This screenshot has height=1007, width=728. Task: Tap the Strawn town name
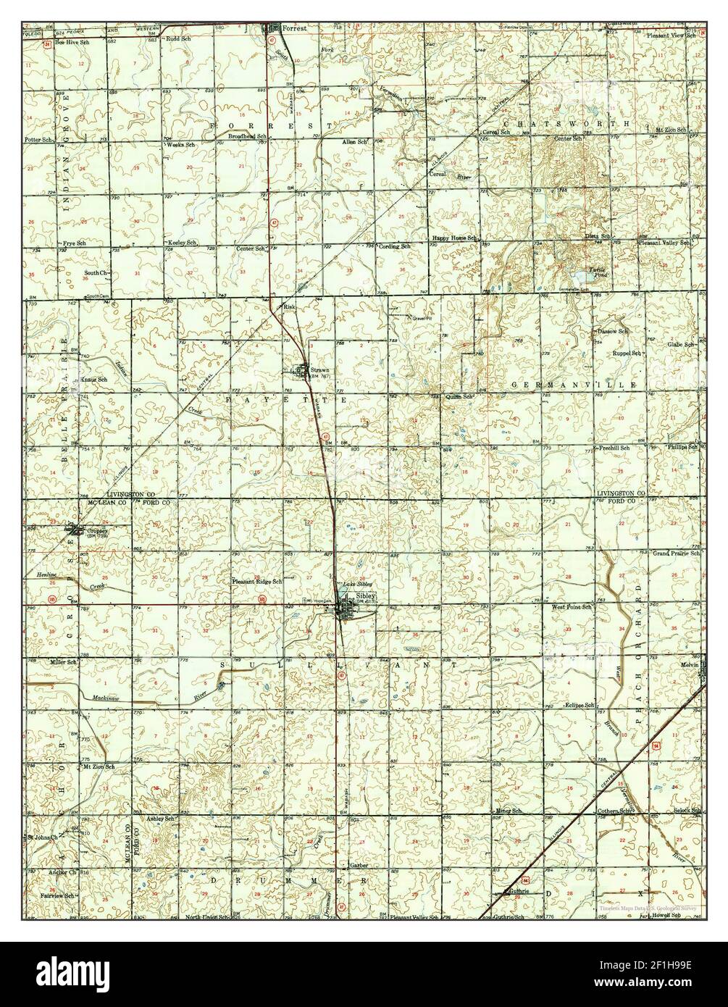pyautogui.click(x=319, y=369)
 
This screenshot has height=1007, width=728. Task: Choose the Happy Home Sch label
pyautogui.click(x=454, y=238)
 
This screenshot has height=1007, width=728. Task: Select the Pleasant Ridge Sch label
pyautogui.click(x=256, y=581)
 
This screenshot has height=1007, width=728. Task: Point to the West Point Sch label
pyautogui.click(x=572, y=606)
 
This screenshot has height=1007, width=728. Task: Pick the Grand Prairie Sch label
pyautogui.click(x=676, y=553)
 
